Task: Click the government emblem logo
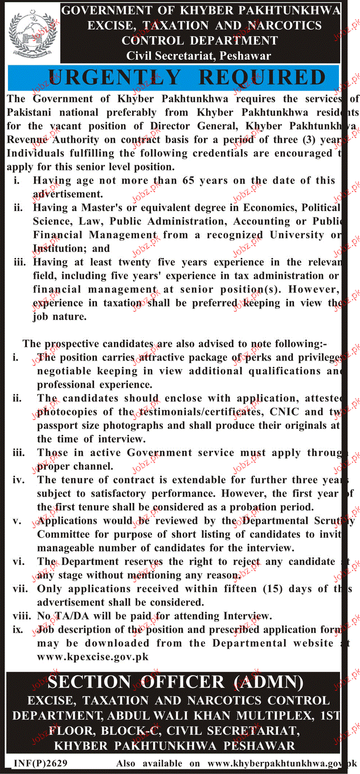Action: [x=34, y=34]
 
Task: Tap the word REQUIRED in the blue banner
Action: [x=262, y=77]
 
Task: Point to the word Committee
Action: [x=64, y=535]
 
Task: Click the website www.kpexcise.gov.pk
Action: [x=93, y=657]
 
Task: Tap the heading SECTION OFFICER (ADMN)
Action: [x=175, y=683]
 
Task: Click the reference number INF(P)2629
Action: [x=41, y=763]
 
